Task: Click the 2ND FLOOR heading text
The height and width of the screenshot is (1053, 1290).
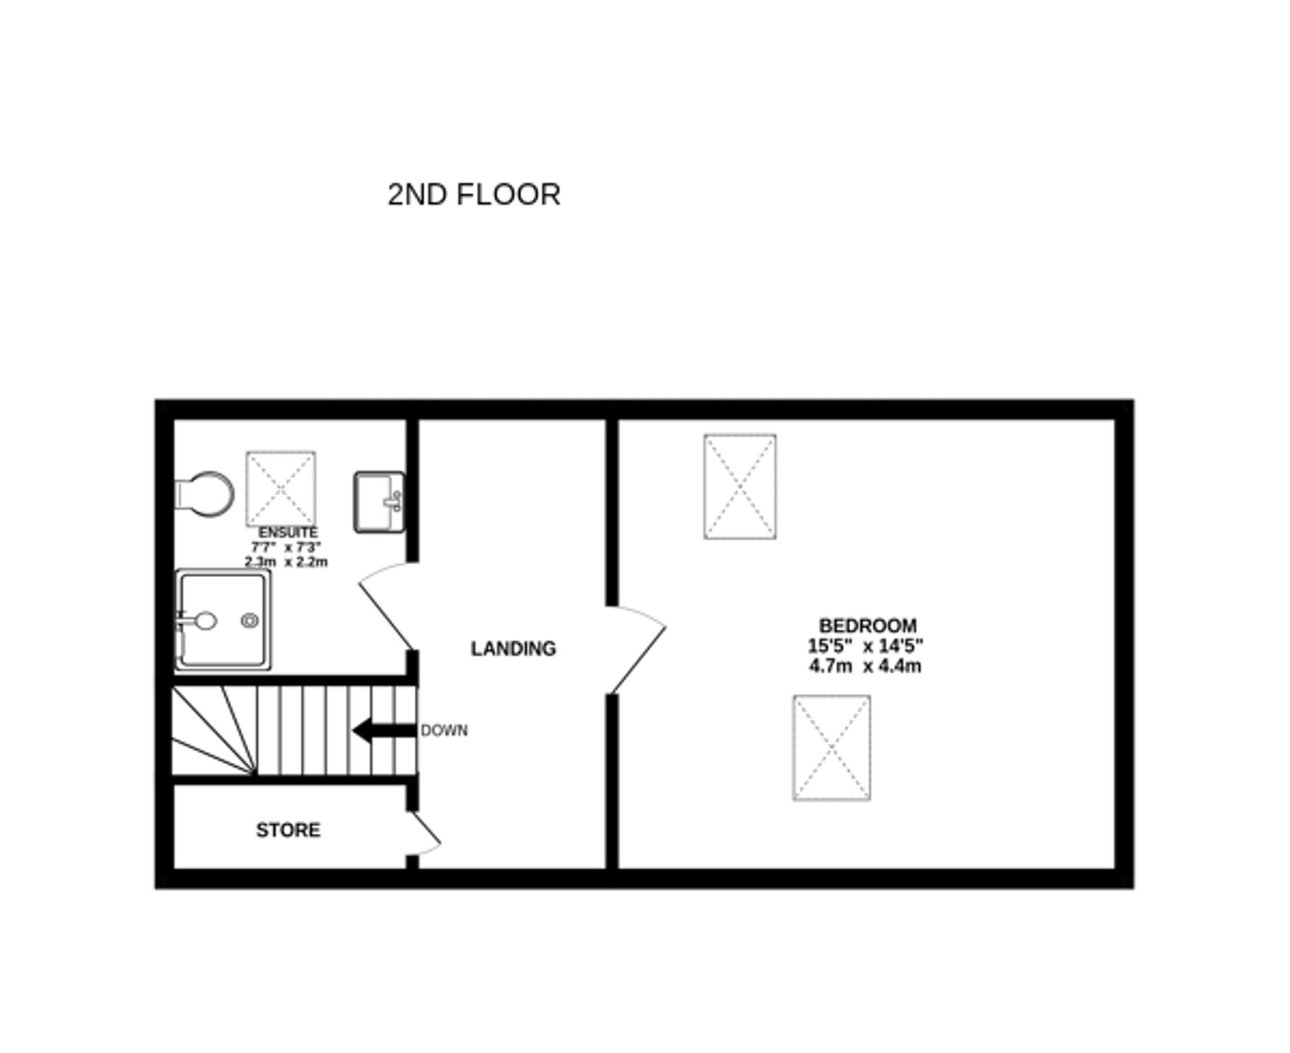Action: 473,195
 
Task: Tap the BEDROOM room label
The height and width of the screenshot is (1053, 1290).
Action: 867,625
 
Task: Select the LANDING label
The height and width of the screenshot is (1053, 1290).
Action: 513,649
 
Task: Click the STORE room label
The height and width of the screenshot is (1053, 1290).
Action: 288,830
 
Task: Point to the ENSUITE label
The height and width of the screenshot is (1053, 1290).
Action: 288,533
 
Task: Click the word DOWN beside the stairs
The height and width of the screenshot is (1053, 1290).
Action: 444,731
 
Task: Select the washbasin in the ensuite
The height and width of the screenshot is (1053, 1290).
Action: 379,502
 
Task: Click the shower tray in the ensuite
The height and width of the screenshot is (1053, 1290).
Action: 223,620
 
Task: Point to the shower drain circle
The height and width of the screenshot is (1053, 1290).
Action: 250,620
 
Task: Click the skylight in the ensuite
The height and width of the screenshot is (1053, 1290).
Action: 281,489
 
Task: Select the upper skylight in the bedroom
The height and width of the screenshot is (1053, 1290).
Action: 740,486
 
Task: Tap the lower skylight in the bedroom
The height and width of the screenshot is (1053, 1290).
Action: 831,748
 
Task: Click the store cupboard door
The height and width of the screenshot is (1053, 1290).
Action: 426,834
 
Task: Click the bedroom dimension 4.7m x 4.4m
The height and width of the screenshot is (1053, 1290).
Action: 865,666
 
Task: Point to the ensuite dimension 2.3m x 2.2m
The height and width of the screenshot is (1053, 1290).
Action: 286,562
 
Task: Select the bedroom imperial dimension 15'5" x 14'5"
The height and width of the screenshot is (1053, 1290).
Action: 865,645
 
